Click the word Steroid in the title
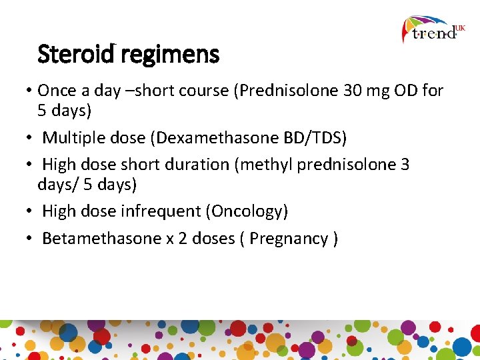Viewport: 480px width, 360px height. click(x=77, y=54)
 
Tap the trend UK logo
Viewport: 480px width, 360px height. click(x=434, y=29)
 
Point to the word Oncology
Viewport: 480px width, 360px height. click(x=247, y=211)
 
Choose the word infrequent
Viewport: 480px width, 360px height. click(x=161, y=211)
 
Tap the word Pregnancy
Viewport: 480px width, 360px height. click(x=289, y=239)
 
